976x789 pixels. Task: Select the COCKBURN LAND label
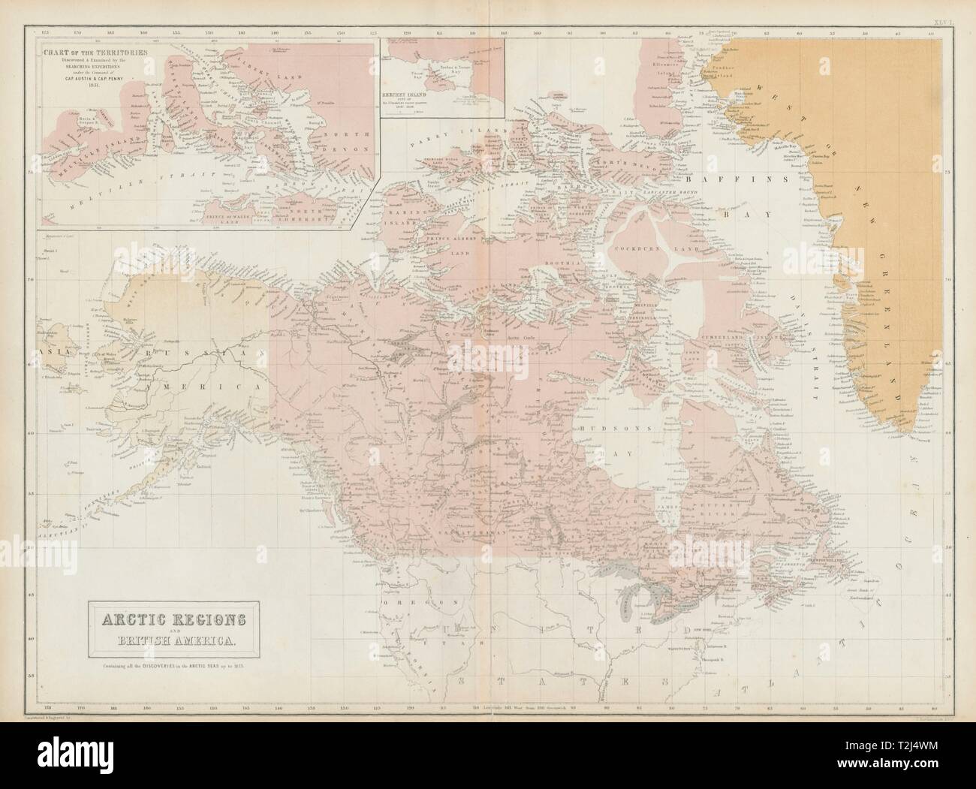click(x=638, y=246)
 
